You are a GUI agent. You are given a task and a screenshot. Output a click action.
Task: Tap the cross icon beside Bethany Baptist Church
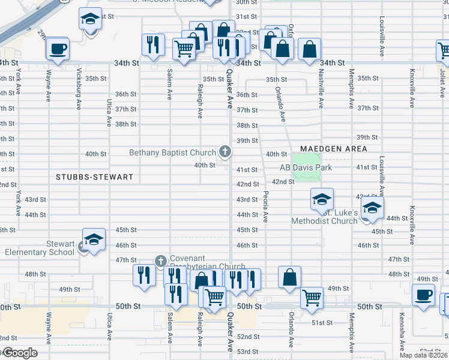tap(225, 151)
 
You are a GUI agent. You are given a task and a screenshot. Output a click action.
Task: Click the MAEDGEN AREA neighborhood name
tap(334, 148)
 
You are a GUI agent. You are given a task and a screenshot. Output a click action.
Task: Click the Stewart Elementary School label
tap(40, 248)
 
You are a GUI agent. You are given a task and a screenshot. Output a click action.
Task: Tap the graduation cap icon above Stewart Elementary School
tap(94, 239)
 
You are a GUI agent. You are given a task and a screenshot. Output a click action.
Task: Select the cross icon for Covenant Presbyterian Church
tap(160, 261)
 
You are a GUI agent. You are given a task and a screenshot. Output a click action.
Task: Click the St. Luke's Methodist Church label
tap(324, 217)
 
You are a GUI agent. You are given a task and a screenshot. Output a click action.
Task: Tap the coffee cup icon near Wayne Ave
tap(58, 48)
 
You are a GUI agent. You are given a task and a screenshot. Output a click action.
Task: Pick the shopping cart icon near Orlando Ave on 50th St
tap(312, 296)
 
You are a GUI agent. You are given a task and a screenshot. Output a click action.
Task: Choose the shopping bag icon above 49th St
tap(289, 277)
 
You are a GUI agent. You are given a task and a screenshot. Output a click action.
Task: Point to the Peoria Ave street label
tap(265, 207)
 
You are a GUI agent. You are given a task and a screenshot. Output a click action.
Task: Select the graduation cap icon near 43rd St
tap(322, 199)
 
